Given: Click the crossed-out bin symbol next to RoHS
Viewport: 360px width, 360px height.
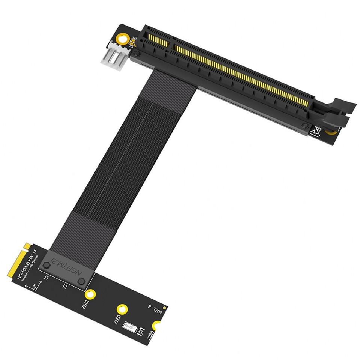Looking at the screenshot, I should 141,331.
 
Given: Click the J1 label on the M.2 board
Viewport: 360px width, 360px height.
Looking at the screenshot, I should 46,278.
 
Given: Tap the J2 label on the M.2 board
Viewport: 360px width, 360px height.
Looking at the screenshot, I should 64,286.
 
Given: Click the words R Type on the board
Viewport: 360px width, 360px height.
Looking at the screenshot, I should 154,309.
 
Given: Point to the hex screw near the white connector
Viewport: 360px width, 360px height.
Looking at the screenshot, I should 137,54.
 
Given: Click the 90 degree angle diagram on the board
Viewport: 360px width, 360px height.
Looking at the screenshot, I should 30,288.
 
